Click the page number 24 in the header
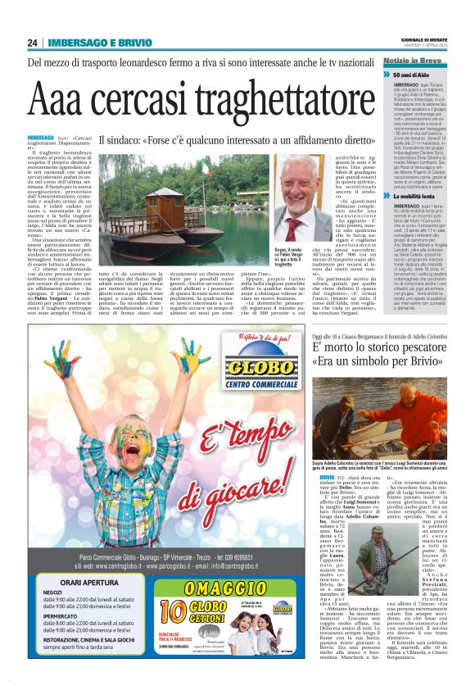[x=33, y=43]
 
